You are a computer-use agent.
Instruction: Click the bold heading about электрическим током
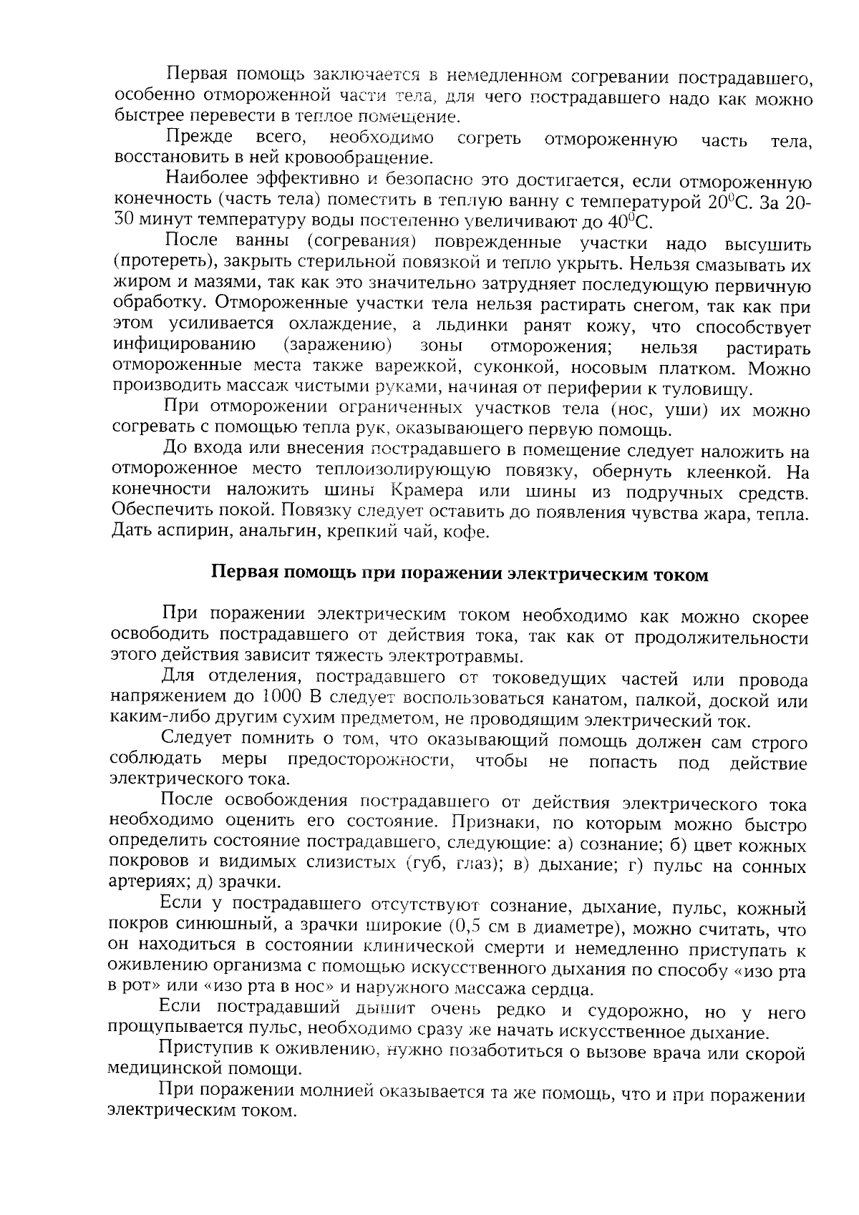click(459, 575)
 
